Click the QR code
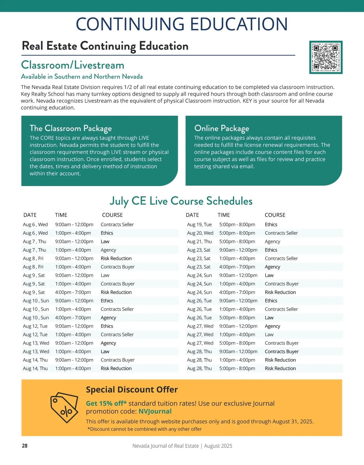[x=326, y=57]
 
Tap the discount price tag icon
[x=64, y=407]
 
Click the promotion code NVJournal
[x=155, y=411]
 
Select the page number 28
[x=25, y=446]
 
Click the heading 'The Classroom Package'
[x=71, y=128]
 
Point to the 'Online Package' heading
[x=221, y=128]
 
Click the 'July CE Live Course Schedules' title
[x=181, y=201]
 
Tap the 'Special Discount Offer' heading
[x=132, y=390]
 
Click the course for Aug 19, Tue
[x=271, y=224]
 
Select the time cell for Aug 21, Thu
[x=237, y=241]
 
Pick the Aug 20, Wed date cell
[x=200, y=233]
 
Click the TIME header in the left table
[x=61, y=215]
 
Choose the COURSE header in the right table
[x=275, y=215]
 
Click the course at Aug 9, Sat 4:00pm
[x=116, y=292]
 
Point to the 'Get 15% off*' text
[x=106, y=404]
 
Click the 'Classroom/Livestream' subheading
[x=72, y=65]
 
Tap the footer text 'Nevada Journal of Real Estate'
[x=165, y=446]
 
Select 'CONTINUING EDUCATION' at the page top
[x=182, y=24]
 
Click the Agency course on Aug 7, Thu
[x=108, y=250]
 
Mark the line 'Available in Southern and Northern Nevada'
[x=82, y=77]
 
